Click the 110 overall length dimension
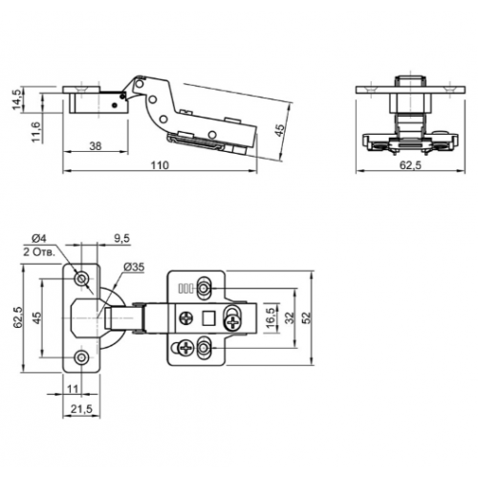(x=160, y=165)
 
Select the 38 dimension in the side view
(x=96, y=146)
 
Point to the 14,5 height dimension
(x=17, y=98)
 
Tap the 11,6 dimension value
(x=36, y=132)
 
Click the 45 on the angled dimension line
(x=279, y=130)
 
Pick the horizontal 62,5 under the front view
(x=411, y=165)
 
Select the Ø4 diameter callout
(x=39, y=238)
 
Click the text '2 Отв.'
(x=39, y=252)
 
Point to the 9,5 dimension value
(x=121, y=238)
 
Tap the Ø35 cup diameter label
(x=134, y=267)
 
